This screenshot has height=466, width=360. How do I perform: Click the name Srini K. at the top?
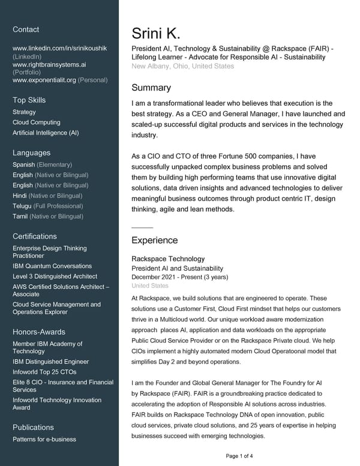coord(156,34)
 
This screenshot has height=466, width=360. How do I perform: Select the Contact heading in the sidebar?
coord(26,29)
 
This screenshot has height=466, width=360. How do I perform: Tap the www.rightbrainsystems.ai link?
coord(49,64)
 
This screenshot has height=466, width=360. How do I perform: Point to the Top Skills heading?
coord(29,100)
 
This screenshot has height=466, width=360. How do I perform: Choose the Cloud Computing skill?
coord(36,123)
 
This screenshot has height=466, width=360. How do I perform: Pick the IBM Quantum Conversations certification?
coord(52,266)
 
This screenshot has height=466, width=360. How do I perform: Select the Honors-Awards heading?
coord(39,332)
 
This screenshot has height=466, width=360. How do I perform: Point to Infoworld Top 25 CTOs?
coord(44,372)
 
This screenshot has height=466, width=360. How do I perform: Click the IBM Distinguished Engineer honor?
coord(50,362)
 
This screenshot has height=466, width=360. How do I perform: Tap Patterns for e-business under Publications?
coord(44,439)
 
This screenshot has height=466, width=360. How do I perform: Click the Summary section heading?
coord(151,88)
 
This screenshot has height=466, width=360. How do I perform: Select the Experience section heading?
coord(154,240)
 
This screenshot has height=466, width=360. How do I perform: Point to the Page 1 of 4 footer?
coord(239,456)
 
